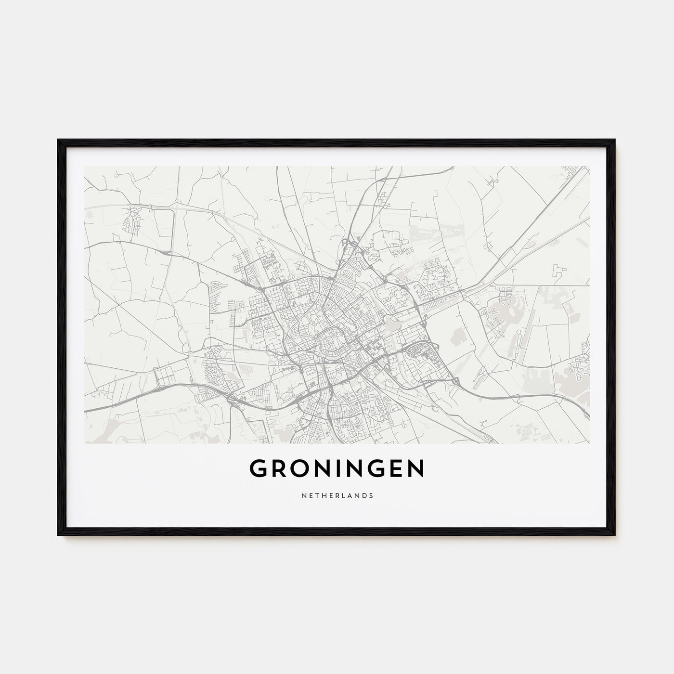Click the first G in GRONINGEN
click(x=259, y=468)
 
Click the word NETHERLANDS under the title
click(x=337, y=495)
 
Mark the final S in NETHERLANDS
click(x=370, y=495)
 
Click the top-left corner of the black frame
click(x=59, y=140)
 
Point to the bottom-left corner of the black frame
click(x=59, y=535)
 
